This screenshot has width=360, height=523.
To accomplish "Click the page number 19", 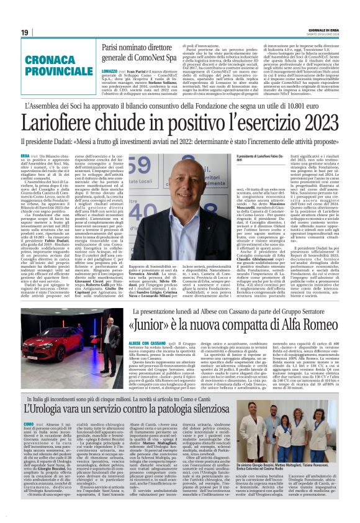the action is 25,32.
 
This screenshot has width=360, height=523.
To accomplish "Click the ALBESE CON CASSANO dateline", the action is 146,342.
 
